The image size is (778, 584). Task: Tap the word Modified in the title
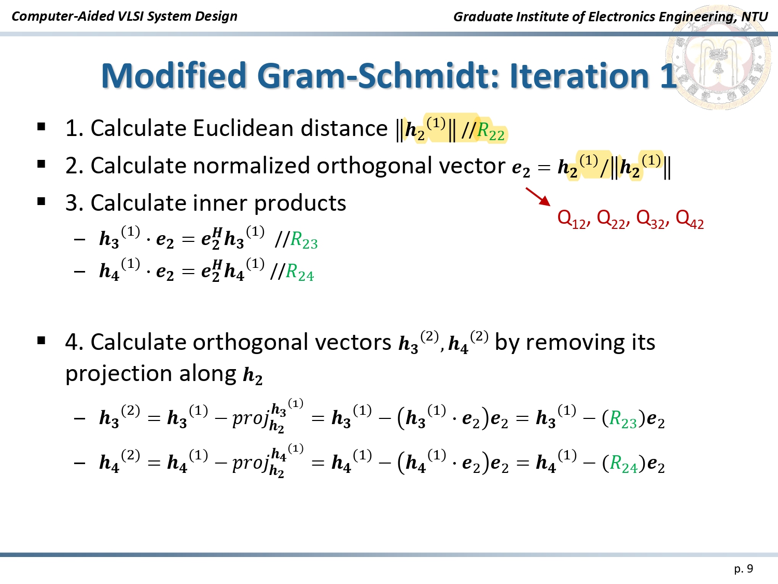tap(174, 75)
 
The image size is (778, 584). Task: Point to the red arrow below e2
tap(538, 197)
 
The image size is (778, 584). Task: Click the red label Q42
tap(690, 220)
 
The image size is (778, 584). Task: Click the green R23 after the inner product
tap(304, 241)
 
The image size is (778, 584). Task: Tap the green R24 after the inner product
tap(300, 273)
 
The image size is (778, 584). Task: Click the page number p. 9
tap(744, 569)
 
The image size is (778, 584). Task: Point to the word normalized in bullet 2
tap(252, 166)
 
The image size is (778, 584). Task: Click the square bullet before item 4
tap(41, 341)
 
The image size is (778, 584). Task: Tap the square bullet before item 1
tap(41, 127)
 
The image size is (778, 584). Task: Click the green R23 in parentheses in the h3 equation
tap(623, 419)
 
